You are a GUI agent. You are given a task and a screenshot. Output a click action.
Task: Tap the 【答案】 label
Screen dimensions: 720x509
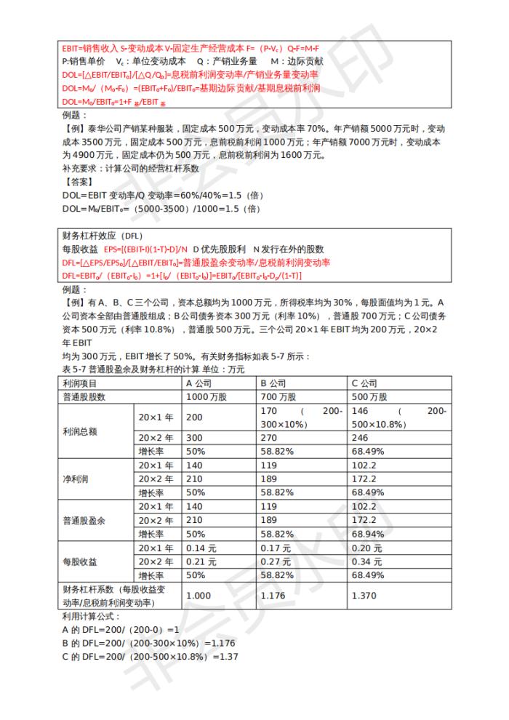(79, 182)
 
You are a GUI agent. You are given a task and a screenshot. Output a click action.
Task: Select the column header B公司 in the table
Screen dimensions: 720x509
(273, 383)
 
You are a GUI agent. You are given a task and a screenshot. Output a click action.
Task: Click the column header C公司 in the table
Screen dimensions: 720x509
(364, 383)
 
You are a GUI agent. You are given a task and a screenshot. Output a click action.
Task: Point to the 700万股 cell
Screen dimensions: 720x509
(278, 397)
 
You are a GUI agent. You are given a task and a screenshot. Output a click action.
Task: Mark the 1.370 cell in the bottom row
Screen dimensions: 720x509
(365, 595)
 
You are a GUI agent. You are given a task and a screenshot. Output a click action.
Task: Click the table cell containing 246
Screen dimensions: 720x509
(359, 438)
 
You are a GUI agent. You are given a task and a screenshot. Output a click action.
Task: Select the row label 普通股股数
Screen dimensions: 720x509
(85, 397)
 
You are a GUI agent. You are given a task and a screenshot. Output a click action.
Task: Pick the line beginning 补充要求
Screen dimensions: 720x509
(128, 168)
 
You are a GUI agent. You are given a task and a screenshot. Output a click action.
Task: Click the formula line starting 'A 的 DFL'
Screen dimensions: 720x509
(120, 629)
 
